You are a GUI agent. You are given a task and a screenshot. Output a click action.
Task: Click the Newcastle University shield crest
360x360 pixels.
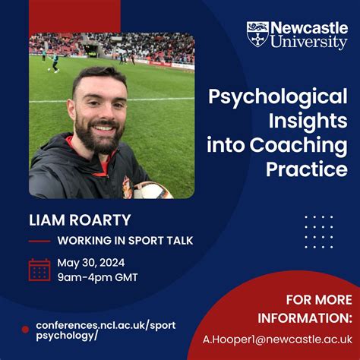point(257,35)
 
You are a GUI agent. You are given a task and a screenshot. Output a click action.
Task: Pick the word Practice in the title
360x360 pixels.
point(307,169)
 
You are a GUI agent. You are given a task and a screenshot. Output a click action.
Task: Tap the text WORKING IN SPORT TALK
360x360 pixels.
point(125,241)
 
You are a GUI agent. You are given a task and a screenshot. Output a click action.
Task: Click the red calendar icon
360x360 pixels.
point(39,270)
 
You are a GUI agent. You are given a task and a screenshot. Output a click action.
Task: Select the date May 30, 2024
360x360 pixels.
point(90,263)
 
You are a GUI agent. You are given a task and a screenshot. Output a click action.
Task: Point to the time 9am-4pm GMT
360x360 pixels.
point(97,277)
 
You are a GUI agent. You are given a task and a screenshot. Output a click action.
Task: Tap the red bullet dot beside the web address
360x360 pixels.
point(25,330)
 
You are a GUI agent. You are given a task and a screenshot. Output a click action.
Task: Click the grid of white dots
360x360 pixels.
point(318,231)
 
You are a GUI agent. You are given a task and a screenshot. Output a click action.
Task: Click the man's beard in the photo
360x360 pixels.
point(98,137)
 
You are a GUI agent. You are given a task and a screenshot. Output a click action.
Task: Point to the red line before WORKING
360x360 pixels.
point(39,241)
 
